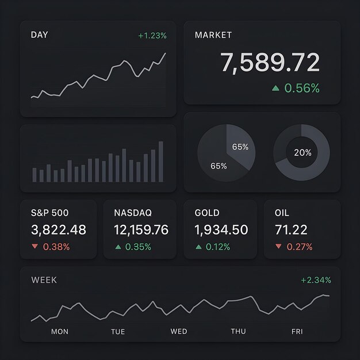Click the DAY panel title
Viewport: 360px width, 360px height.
click(x=40, y=35)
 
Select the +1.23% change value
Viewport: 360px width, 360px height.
click(x=152, y=36)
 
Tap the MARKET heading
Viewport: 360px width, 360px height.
click(x=213, y=35)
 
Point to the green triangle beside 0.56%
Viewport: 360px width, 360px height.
click(x=275, y=88)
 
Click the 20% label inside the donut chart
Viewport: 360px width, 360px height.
click(x=302, y=152)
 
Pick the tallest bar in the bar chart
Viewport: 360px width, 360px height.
click(x=160, y=162)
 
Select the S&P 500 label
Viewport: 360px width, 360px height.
click(x=49, y=213)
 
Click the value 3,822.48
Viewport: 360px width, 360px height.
click(x=59, y=230)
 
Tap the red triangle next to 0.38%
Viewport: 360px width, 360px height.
click(x=35, y=247)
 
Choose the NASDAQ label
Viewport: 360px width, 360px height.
click(x=133, y=213)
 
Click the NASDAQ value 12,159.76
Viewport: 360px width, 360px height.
click(x=141, y=230)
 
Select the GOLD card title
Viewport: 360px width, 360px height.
click(x=207, y=213)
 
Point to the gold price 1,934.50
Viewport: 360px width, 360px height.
click(x=221, y=230)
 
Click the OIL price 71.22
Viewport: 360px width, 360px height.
click(x=291, y=230)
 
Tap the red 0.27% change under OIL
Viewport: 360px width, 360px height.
click(x=299, y=247)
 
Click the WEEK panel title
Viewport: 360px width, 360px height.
click(x=44, y=280)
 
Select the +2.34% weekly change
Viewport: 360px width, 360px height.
click(x=316, y=280)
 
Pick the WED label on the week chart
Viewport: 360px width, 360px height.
click(x=179, y=331)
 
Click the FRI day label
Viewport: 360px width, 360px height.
click(x=297, y=331)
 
